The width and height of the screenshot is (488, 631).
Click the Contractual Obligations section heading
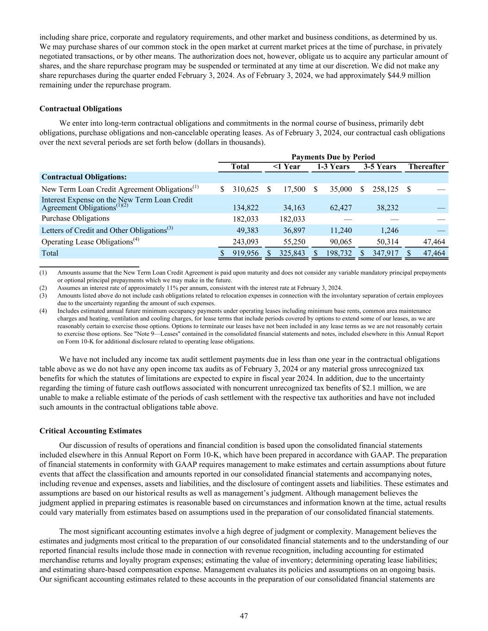tap(80, 109)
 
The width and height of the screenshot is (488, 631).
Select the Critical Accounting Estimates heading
tap(90, 431)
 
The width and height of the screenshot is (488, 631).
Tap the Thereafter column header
tap(426, 166)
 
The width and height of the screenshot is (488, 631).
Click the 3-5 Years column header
tap(379, 166)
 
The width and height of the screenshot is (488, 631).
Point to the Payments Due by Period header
tap(333, 157)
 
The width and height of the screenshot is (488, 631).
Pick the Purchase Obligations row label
tap(75, 218)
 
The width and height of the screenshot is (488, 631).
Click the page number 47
tap(244, 616)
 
